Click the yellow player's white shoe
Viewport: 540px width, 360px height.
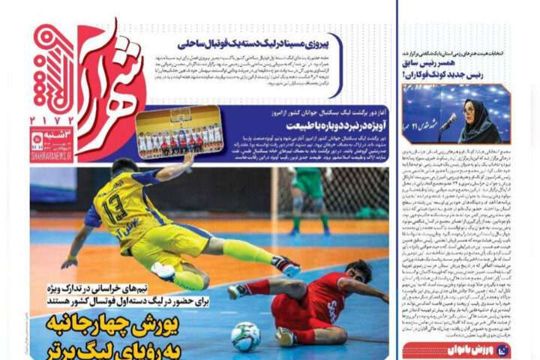(x=163, y=271)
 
